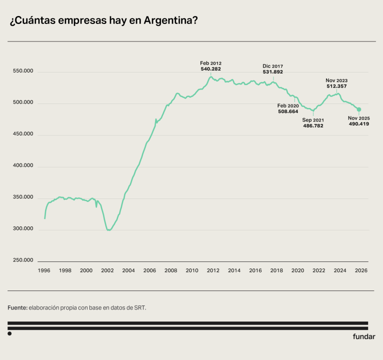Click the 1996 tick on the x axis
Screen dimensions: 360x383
pyautogui.click(x=44, y=270)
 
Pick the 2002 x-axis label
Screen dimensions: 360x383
pyautogui.click(x=107, y=270)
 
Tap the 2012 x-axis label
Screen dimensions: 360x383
pyautogui.click(x=213, y=270)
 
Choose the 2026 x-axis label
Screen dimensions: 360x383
pyautogui.click(x=361, y=270)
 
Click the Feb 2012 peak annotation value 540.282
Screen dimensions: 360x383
pyautogui.click(x=211, y=69)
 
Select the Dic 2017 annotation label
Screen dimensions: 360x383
pyautogui.click(x=273, y=65)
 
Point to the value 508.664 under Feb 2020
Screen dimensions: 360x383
pyautogui.click(x=288, y=111)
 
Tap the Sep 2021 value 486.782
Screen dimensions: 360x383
pyautogui.click(x=313, y=126)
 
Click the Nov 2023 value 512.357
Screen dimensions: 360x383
pyautogui.click(x=336, y=86)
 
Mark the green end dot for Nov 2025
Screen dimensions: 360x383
pyautogui.click(x=359, y=109)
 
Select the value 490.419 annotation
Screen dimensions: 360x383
pyautogui.click(x=359, y=123)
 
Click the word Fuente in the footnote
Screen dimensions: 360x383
pyautogui.click(x=17, y=308)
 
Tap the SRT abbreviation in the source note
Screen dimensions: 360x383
pyautogui.click(x=140, y=308)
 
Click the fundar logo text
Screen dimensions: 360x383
pyautogui.click(x=364, y=336)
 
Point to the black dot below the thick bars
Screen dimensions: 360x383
pyautogui.click(x=9, y=333)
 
